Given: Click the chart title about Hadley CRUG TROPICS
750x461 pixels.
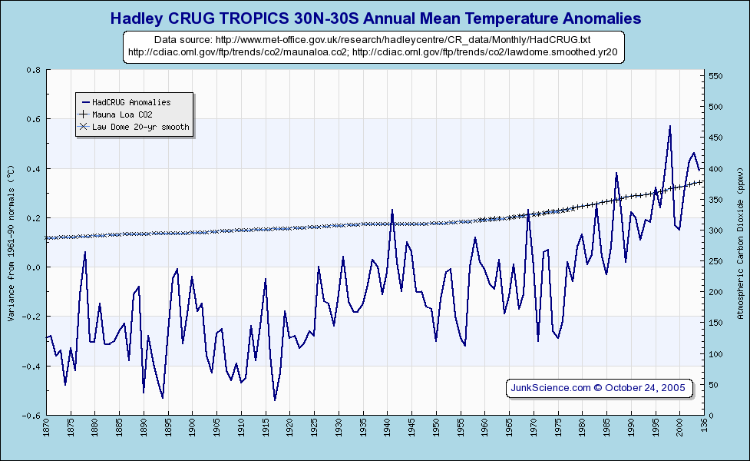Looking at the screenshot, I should click(x=375, y=17).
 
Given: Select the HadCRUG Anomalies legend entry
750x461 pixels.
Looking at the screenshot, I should click(x=131, y=102).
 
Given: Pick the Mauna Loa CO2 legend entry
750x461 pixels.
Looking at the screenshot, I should click(x=127, y=114).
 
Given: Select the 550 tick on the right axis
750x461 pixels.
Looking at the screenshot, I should click(x=715, y=76).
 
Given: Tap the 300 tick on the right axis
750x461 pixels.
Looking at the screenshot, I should click(x=715, y=230).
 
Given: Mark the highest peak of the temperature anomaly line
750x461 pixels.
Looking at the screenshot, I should click(x=670, y=126).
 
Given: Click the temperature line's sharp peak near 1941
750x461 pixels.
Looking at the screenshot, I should click(x=392, y=210).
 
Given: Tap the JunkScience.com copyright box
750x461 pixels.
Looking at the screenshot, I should click(x=600, y=388).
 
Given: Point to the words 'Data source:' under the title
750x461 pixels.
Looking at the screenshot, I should click(x=183, y=39).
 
